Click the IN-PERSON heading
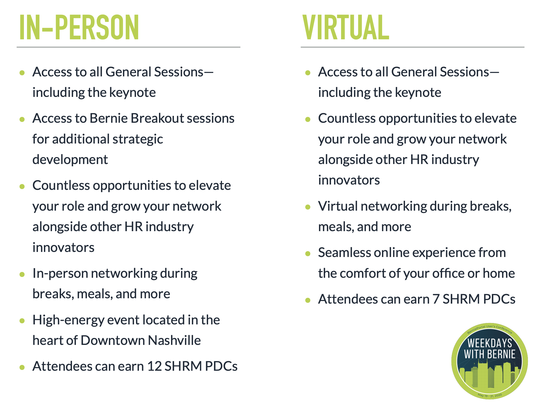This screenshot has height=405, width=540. [79, 27]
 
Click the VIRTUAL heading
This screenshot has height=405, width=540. [346, 27]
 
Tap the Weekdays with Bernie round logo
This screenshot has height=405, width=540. [490, 361]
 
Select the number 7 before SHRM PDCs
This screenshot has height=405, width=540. [436, 299]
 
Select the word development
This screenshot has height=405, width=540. [70, 160]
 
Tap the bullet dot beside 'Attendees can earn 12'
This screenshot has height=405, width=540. [22, 367]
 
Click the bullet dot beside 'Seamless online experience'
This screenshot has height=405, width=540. [308, 254]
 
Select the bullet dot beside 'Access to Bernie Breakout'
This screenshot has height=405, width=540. [22, 119]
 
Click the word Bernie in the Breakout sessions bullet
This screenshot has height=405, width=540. [109, 118]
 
